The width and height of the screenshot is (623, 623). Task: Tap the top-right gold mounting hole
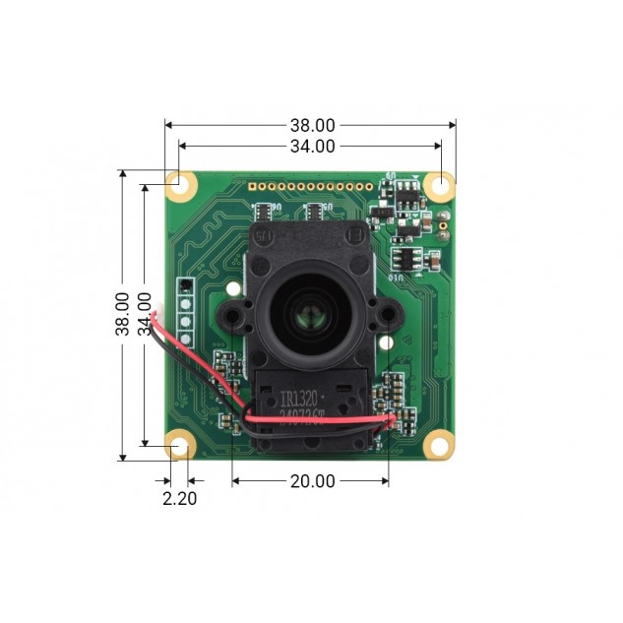[440, 184]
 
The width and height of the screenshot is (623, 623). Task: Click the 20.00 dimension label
[311, 481]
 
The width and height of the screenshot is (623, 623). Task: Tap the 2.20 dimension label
[179, 498]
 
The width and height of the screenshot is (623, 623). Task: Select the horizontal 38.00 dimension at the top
[311, 125]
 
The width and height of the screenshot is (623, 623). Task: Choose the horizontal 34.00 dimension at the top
[311, 146]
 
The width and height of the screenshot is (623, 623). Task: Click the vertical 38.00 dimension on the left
[123, 314]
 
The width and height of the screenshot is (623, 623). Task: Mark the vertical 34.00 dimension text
[145, 314]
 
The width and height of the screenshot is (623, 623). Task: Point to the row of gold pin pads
[311, 185]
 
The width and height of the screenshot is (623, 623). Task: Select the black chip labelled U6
[264, 211]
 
